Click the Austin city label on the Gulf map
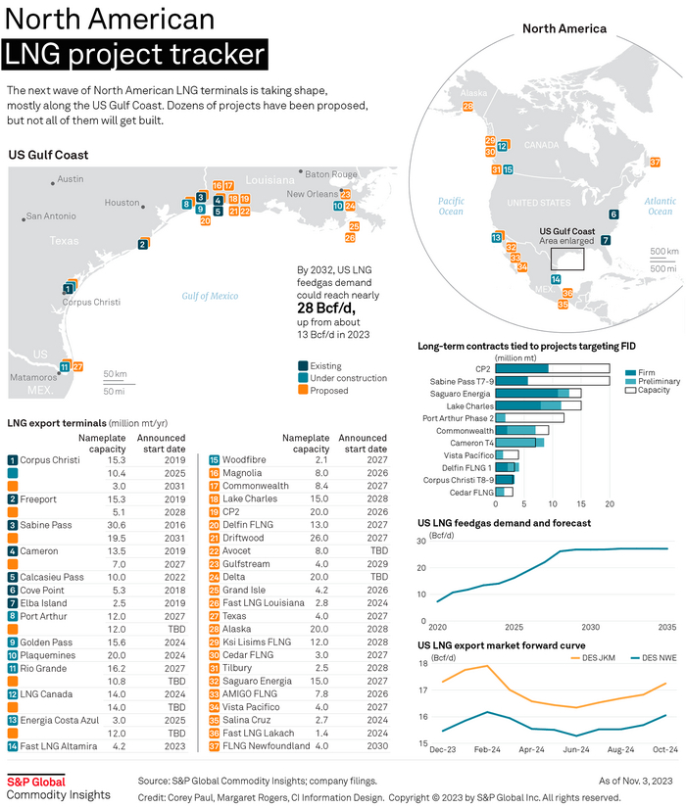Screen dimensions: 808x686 click(71, 179)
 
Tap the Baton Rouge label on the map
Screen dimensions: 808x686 click(331, 174)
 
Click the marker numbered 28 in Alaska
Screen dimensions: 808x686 click(468, 106)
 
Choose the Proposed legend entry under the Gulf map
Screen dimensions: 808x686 click(327, 391)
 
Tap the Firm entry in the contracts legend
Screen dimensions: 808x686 click(646, 373)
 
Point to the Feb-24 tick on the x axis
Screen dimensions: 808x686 click(487, 749)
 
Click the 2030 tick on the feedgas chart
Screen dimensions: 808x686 click(590, 626)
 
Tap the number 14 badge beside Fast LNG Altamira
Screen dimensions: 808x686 click(12, 746)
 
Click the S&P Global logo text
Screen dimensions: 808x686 click(36, 782)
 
